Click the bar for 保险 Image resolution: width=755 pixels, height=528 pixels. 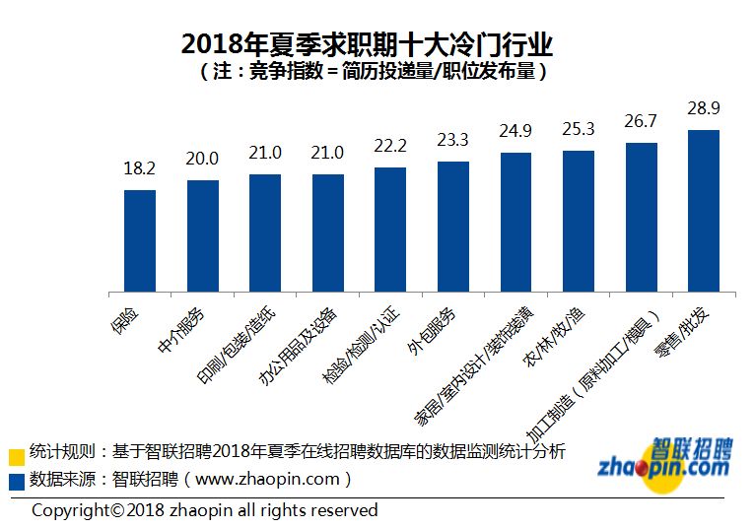click(140, 241)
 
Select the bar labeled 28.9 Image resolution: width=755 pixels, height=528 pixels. click(703, 211)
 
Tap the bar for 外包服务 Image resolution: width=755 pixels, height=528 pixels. click(452, 227)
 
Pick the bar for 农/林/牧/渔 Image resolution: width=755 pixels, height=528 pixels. click(578, 222)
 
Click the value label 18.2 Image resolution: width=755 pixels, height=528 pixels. click(140, 168)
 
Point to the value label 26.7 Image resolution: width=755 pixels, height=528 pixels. click(641, 121)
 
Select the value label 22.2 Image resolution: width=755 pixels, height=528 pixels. click(390, 146)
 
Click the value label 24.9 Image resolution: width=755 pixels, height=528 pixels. click(515, 130)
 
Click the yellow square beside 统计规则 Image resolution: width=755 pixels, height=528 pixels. click(16, 456)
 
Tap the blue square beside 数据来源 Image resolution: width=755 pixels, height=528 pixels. click(16, 482)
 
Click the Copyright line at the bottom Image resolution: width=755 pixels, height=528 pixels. click(204, 510)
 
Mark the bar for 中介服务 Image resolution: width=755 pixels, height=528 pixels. click(203, 236)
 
